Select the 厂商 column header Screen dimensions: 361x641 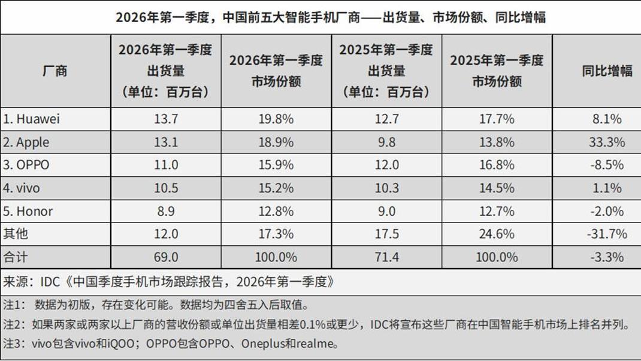(x=55, y=71)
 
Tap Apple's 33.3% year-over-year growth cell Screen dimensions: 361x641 (x=607, y=143)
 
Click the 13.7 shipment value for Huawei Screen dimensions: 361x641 (x=165, y=119)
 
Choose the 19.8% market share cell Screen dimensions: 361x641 (x=276, y=119)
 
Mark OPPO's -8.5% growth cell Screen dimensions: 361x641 (x=607, y=166)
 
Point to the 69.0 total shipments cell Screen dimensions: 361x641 (x=165, y=257)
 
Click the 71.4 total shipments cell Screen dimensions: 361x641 (x=386, y=257)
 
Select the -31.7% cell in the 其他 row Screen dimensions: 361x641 (x=607, y=234)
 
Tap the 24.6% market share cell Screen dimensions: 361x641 (x=497, y=234)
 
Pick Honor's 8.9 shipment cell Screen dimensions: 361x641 (x=165, y=212)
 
